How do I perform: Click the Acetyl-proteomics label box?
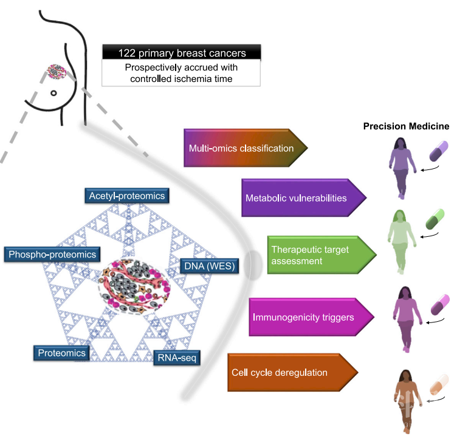tap(126, 196)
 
